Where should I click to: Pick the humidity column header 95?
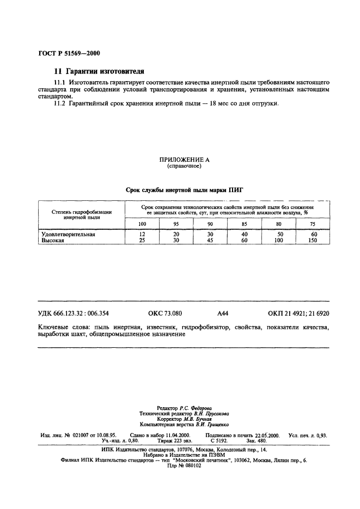click(176, 224)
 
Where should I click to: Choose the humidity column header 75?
click(312, 224)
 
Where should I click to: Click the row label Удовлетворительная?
click(69, 234)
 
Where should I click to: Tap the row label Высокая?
click(53, 240)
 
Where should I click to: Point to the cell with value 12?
click(142, 234)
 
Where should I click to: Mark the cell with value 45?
click(210, 240)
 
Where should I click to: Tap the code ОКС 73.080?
click(164, 314)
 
